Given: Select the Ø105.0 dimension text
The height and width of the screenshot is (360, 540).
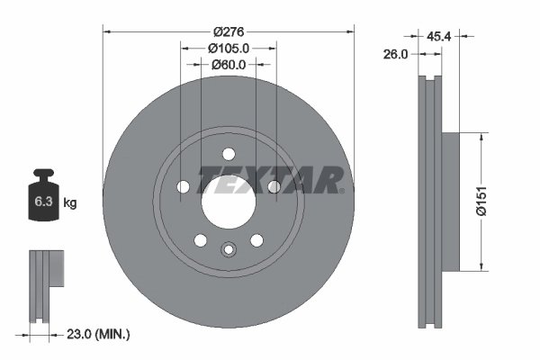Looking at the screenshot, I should click(228, 48).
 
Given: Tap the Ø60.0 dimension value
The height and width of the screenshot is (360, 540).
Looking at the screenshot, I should click(228, 65).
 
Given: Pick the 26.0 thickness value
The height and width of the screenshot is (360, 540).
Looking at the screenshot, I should click(396, 54).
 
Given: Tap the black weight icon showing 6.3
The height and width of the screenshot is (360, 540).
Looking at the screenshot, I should click(43, 199).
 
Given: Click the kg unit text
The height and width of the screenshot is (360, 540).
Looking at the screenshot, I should click(70, 203).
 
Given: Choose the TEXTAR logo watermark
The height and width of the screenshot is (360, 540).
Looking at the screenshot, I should click(271, 181).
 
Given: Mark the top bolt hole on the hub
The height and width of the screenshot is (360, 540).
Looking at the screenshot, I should click(228, 152).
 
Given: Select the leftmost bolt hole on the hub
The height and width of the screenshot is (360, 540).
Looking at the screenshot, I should click(184, 186).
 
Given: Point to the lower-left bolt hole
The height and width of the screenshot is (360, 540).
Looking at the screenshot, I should click(200, 239).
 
